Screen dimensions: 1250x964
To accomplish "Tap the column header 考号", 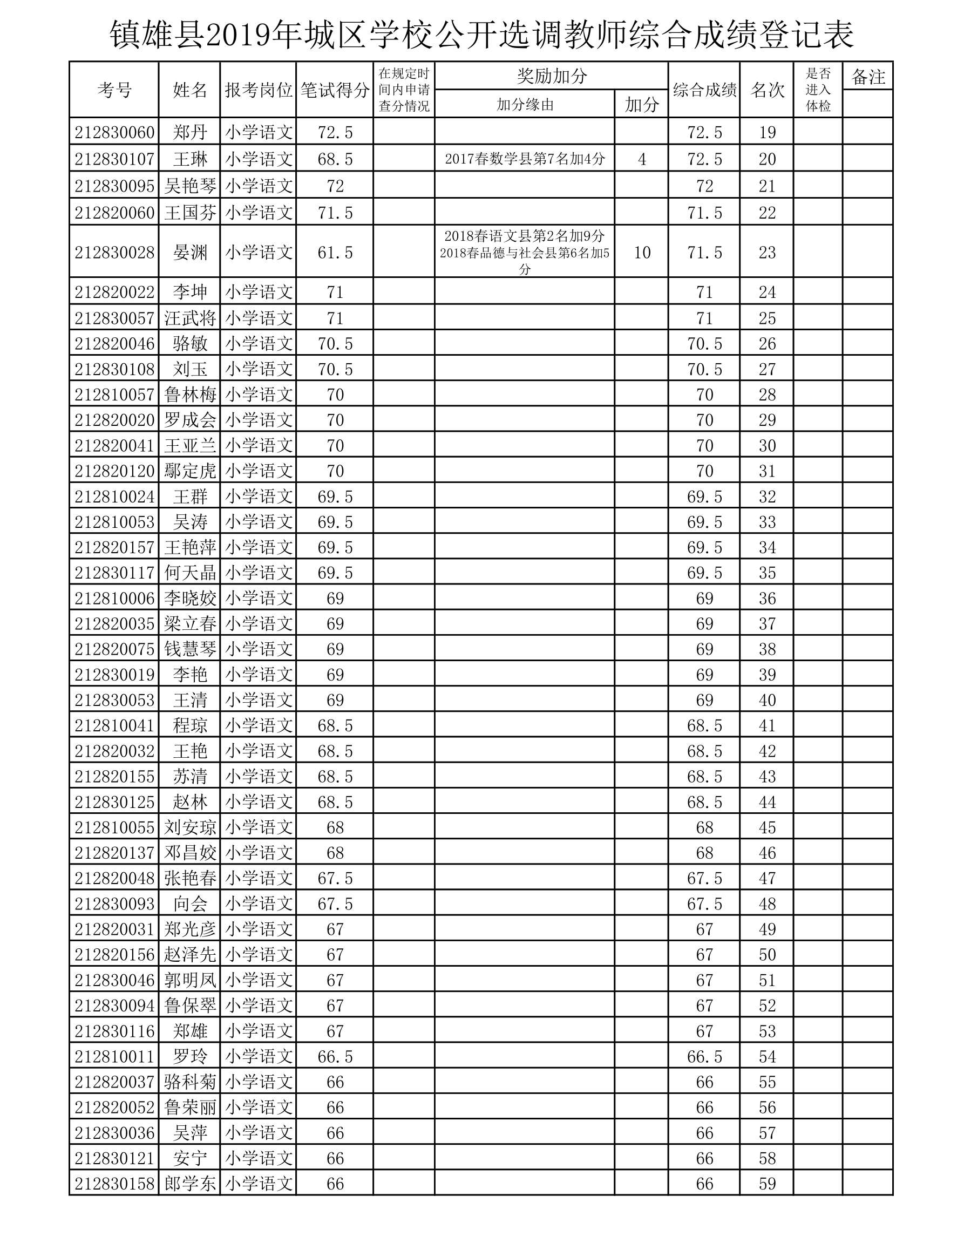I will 114,90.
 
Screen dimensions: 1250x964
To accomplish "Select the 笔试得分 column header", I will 335,90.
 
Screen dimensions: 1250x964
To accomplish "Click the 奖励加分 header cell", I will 551,76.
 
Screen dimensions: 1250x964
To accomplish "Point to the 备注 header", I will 868,77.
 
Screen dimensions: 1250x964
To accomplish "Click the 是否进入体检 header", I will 818,90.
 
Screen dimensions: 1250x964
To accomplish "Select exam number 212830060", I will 114,132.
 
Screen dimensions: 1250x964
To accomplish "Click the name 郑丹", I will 190,132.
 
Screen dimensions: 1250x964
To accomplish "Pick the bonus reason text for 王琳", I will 524,159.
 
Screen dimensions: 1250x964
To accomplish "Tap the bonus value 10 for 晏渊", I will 642,253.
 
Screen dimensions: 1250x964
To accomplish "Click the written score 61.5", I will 335,253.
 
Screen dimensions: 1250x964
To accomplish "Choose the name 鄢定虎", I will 190,471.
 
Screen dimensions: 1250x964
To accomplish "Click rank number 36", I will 766,598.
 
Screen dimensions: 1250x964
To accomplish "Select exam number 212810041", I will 114,726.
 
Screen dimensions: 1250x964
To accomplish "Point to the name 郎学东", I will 190,1184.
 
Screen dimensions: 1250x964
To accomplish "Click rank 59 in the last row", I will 766,1184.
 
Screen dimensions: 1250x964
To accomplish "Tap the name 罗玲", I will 190,1057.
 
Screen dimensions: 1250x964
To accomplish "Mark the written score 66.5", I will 335,1057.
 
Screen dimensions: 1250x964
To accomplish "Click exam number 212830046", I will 114,980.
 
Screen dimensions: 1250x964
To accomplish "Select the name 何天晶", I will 190,573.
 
